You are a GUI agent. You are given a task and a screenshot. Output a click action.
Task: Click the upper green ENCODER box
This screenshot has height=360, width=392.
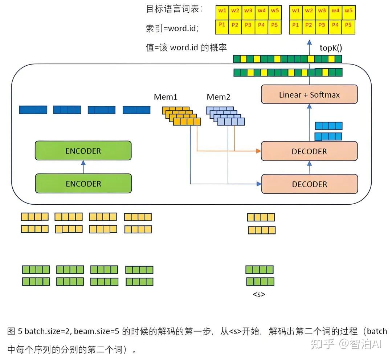point(83,151)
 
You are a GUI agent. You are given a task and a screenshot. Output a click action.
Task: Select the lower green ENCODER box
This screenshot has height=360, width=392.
point(83,184)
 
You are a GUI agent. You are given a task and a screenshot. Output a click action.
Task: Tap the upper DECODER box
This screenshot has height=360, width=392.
point(309,151)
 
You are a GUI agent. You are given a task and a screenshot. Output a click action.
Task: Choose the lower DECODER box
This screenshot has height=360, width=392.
point(309,184)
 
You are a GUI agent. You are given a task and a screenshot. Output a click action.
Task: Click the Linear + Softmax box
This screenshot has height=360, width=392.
point(309,95)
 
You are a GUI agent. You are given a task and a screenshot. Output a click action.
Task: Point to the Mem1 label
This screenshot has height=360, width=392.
point(166,97)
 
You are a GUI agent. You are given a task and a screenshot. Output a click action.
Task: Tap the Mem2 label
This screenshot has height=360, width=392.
point(219,97)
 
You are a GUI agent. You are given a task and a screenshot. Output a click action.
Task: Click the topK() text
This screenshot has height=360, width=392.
point(331,48)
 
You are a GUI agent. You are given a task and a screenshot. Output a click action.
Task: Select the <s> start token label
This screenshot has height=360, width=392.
point(259,294)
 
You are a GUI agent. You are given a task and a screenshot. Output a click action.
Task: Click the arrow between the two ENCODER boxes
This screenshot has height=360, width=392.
point(83,167)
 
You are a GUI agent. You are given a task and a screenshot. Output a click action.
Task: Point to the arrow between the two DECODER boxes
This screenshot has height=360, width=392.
point(310,168)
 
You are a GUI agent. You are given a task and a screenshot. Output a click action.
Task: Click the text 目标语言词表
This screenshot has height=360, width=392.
point(174,9)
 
